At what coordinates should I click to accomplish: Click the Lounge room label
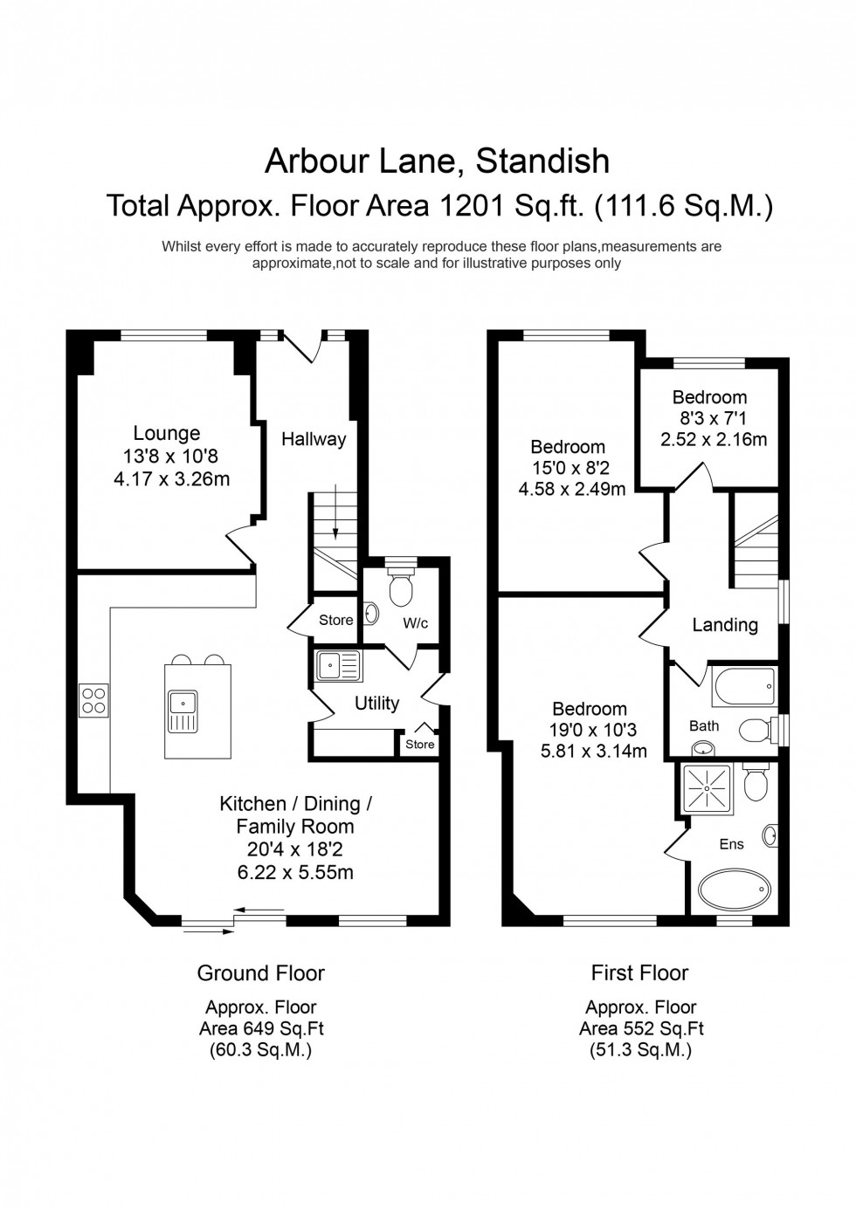166,433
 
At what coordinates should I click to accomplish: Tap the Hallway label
313,439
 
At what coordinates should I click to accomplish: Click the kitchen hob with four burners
93,699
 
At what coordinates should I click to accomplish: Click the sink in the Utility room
336,666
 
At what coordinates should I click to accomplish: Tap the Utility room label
376,703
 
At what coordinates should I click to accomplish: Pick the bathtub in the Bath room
743,687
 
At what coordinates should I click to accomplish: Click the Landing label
724,625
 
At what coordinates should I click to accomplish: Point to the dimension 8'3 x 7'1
709,418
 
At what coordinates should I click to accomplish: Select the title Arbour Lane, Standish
437,161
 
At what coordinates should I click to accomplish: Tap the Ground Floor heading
260,972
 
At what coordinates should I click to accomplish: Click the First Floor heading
639,972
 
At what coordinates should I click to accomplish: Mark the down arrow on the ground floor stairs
335,525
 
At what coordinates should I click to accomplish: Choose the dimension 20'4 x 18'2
295,848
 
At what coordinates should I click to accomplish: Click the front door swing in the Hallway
302,347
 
